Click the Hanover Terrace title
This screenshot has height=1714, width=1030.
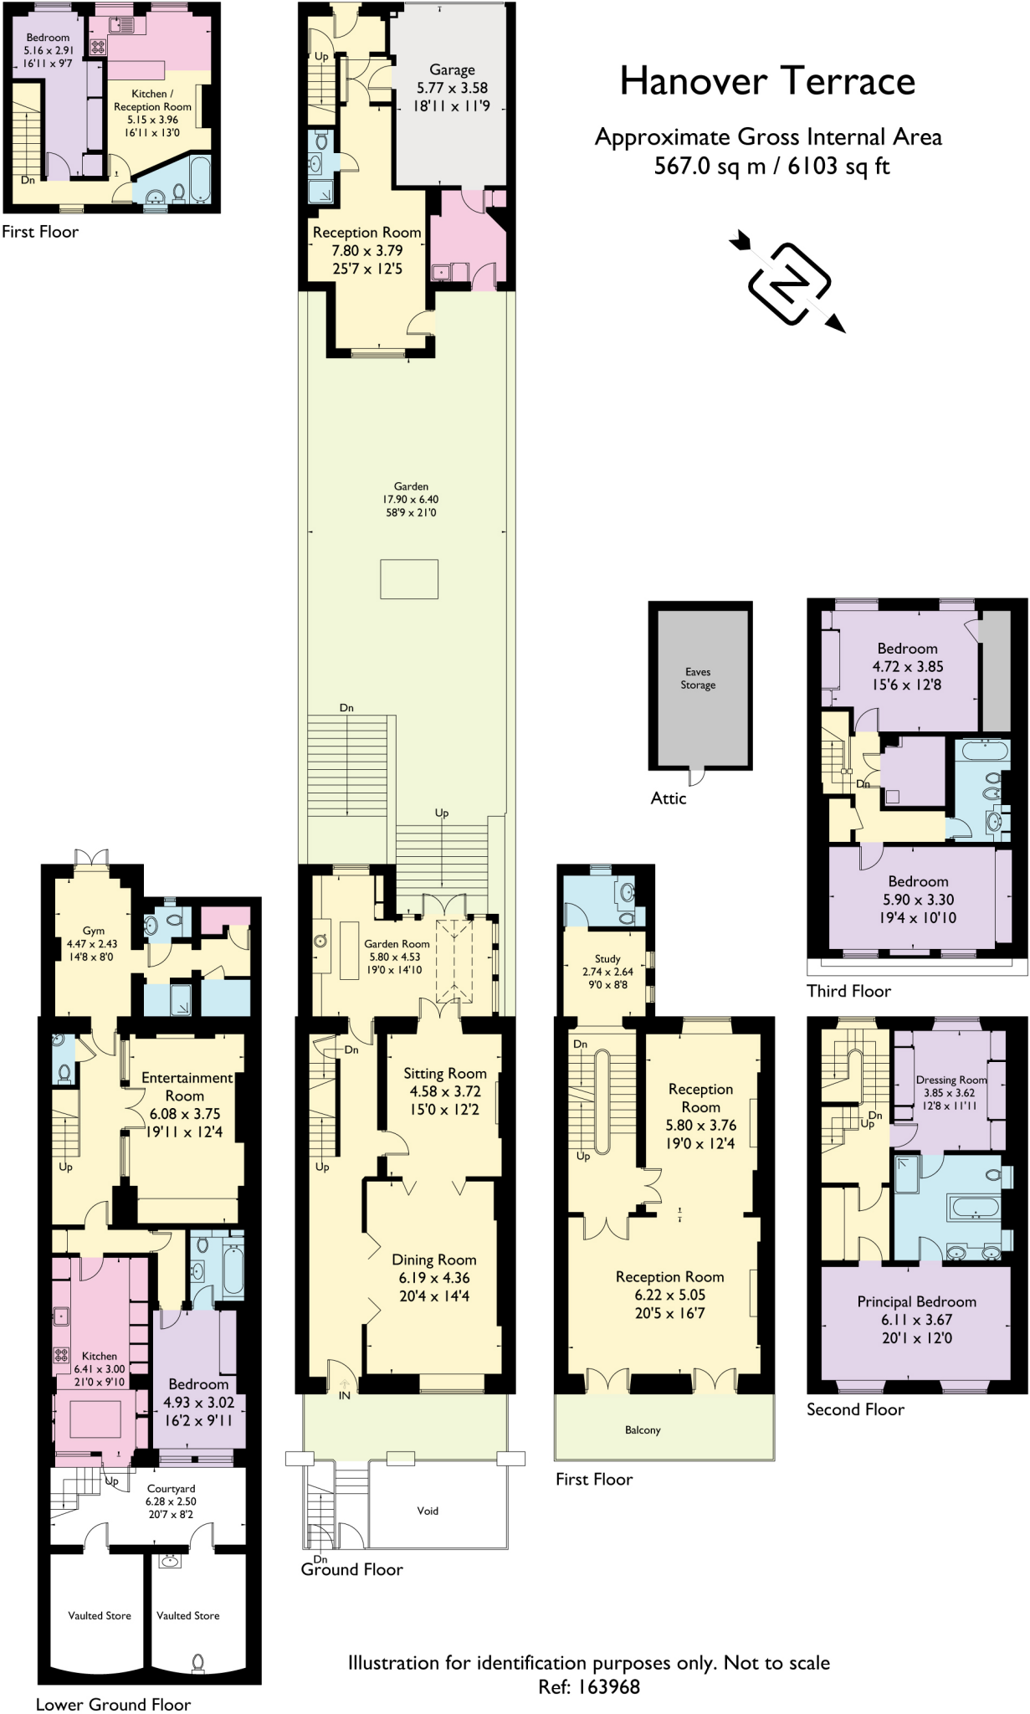pyautogui.click(x=767, y=82)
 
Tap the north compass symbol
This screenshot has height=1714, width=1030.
pyautogui.click(x=788, y=283)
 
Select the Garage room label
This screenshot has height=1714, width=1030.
pyautogui.click(x=452, y=70)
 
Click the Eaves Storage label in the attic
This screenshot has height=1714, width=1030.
pyautogui.click(x=698, y=678)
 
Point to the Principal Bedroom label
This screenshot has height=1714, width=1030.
pyautogui.click(x=916, y=1301)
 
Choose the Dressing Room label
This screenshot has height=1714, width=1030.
pyautogui.click(x=951, y=1080)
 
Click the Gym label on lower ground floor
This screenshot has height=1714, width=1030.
pyautogui.click(x=94, y=931)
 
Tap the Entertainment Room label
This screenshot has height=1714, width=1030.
pyautogui.click(x=186, y=1086)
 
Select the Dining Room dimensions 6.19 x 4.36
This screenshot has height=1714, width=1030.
pyautogui.click(x=434, y=1278)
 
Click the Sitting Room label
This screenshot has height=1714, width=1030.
pyautogui.click(x=444, y=1073)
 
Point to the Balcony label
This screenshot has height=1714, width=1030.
pyautogui.click(x=643, y=1429)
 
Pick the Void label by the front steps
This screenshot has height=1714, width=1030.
pyautogui.click(x=428, y=1511)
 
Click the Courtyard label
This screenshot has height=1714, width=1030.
pyautogui.click(x=171, y=1489)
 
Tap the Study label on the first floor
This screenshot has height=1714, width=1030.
pyautogui.click(x=607, y=959)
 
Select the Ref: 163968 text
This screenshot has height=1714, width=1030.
pyautogui.click(x=588, y=1686)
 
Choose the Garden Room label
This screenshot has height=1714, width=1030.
pyautogui.click(x=397, y=944)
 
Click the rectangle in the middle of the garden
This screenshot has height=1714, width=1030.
pyautogui.click(x=409, y=579)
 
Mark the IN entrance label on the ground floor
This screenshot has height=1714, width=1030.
pyautogui.click(x=345, y=1395)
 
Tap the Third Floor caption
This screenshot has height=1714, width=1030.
pyautogui.click(x=848, y=991)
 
